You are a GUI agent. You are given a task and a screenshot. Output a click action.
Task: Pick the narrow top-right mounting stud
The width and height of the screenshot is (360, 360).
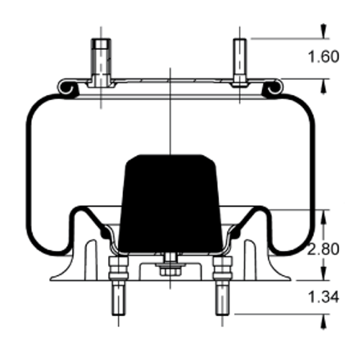point(240,61)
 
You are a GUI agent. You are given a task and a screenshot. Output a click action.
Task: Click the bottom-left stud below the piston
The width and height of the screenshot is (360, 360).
point(115,298)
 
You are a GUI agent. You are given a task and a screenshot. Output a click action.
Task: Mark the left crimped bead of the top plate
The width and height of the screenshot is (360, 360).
point(68,88)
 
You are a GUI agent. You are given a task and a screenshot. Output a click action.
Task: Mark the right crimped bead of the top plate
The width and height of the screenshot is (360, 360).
point(272,88)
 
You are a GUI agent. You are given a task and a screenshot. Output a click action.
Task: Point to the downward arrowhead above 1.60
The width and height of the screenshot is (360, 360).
point(324,31)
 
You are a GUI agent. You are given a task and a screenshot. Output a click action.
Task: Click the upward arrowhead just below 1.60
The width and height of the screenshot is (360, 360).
point(324,84)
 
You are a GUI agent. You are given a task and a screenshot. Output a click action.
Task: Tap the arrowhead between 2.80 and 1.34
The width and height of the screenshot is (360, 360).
point(324,274)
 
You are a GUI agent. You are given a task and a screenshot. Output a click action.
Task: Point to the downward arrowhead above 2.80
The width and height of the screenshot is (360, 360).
point(324,215)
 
